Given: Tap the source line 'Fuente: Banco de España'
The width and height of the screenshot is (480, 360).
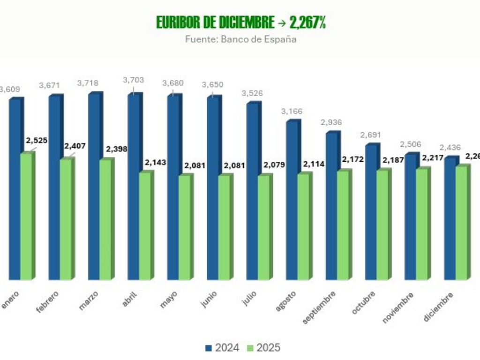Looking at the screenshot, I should pos(240,39).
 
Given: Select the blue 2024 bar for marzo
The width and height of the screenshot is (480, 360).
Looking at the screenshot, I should pos(94,187).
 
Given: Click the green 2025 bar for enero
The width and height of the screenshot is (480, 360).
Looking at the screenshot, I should pos(26,216).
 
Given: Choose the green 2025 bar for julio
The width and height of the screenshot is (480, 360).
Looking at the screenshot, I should pos(264,227).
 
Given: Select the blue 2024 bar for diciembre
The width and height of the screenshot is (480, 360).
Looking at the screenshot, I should pos(450,218).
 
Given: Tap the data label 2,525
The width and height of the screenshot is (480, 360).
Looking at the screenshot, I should pos(37,140).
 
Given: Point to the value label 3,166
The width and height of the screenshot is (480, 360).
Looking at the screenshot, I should pos(292,112).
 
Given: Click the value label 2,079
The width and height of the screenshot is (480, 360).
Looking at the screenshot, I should pos(274,164).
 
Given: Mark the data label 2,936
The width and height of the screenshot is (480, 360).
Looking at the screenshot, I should pos(331,122).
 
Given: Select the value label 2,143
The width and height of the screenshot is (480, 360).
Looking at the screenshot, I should pos(156,162).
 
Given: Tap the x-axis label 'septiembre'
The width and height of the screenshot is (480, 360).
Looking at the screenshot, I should pos(319,307).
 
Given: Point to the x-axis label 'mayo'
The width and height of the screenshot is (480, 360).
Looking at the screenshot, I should pos(168,300).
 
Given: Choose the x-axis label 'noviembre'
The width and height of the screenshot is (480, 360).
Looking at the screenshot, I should pos(398,307).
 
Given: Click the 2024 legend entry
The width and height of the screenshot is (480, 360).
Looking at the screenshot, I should pos(223,348).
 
